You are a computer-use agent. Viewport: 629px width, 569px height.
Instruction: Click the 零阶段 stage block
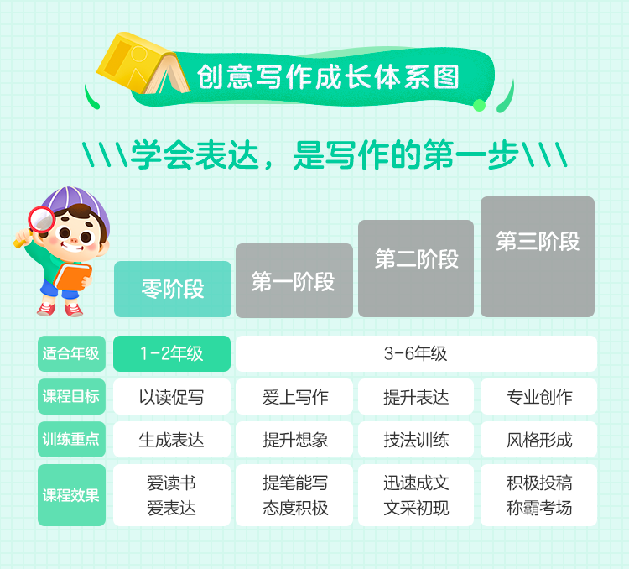point(173,290)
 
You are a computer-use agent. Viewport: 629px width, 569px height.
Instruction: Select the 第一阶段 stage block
point(294,280)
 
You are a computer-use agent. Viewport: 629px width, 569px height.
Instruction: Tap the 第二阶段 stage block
point(416,269)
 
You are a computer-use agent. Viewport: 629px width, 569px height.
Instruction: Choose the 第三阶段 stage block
point(538,257)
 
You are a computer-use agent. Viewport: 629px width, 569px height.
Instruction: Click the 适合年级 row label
point(71,353)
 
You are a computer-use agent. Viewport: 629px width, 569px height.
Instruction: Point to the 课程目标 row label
point(71,396)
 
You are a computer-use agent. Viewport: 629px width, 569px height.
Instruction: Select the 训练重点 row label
point(71,439)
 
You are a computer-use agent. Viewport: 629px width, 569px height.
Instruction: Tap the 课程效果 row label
point(71,495)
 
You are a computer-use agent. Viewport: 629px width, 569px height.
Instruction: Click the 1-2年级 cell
point(172,353)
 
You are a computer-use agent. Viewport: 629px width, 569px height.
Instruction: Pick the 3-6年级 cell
point(416,353)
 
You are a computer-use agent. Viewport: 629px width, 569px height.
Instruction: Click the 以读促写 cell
point(172,396)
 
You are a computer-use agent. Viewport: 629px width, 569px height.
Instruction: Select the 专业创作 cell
point(538,396)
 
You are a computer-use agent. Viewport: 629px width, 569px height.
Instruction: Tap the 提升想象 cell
point(294,439)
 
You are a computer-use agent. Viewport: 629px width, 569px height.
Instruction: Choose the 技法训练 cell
point(416,439)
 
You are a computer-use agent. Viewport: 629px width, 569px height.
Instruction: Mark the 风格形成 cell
point(538,439)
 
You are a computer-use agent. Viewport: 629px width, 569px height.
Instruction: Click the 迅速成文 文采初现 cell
point(416,495)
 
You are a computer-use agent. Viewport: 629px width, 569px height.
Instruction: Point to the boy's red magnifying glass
point(40,220)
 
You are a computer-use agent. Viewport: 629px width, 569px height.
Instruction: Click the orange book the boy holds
point(73,276)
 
